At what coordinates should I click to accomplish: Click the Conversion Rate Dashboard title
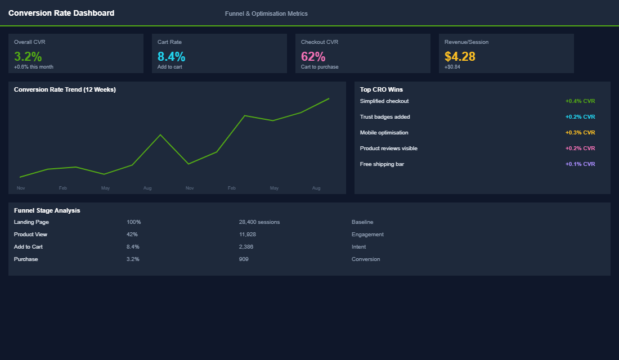[x=61, y=13]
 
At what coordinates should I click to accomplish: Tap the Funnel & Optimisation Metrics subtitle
[x=266, y=13]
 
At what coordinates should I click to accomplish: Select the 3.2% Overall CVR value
[x=28, y=56]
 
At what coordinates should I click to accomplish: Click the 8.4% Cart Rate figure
[x=171, y=56]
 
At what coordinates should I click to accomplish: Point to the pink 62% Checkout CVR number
[x=313, y=56]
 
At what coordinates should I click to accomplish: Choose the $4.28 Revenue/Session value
[x=460, y=56]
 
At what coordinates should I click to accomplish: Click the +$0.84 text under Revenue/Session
[x=452, y=67]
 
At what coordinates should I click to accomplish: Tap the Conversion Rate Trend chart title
[x=65, y=89]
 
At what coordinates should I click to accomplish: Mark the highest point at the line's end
[x=329, y=98]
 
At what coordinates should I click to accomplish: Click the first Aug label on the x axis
[x=147, y=188]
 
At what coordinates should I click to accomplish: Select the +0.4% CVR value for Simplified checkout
[x=580, y=101]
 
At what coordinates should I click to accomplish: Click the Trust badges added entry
[x=385, y=117]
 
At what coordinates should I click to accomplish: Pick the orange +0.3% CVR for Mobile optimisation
[x=580, y=133]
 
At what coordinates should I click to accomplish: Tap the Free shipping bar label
[x=382, y=164]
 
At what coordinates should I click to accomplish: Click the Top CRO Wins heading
[x=382, y=89]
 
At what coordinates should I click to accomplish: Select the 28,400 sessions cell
[x=259, y=222]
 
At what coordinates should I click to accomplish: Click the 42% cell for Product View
[x=132, y=235]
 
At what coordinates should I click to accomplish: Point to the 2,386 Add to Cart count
[x=246, y=247]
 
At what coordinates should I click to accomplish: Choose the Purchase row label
[x=26, y=259]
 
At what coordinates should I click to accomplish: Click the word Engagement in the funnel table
[x=367, y=235]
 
